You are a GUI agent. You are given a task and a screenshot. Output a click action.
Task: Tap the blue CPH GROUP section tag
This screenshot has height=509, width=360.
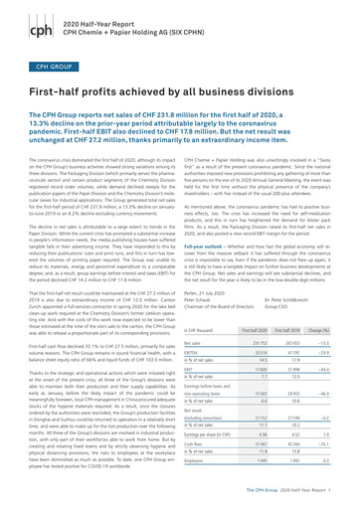tap(42, 73)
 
